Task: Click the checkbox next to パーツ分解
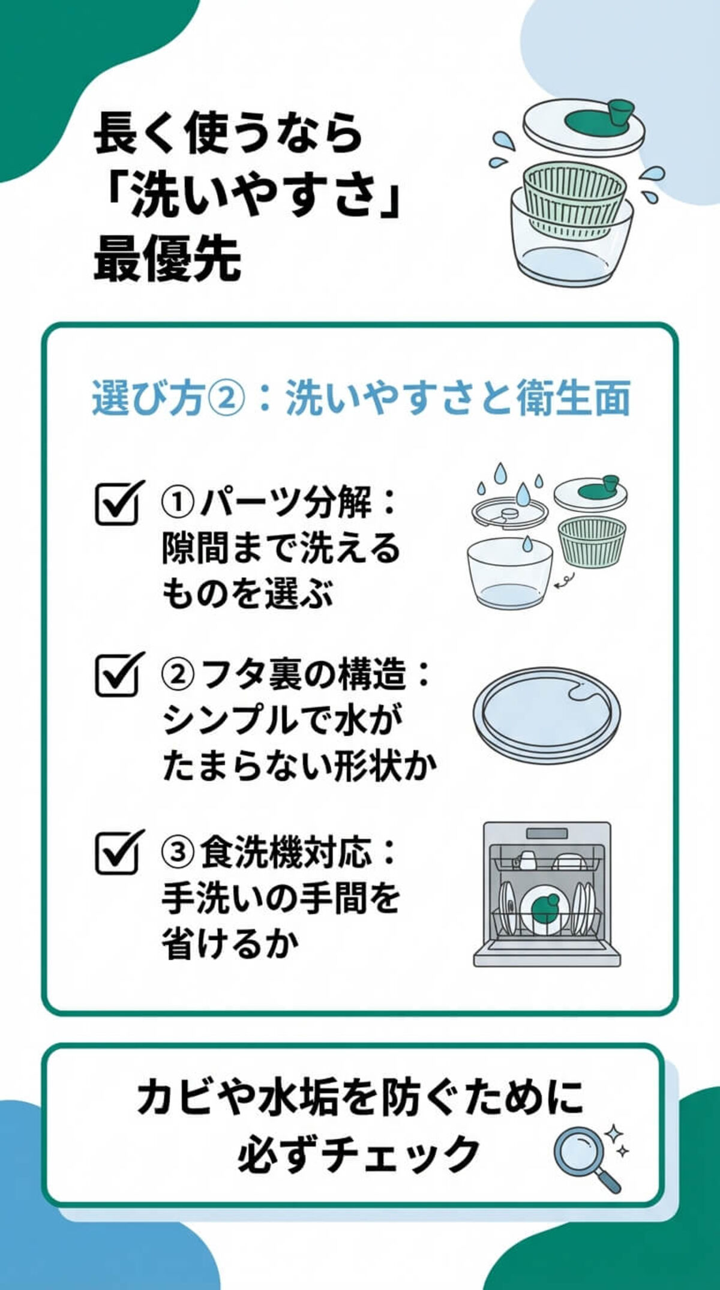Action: [118, 505]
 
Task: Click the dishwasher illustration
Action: [547, 894]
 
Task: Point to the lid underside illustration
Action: [546, 714]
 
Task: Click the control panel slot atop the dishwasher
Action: [547, 833]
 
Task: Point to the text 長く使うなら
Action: [229, 134]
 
